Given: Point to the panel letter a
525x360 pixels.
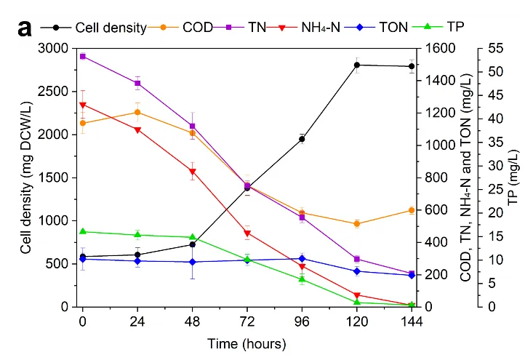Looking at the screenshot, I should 25,28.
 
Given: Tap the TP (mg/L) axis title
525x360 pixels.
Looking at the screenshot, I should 513,177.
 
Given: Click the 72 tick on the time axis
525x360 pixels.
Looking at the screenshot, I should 247,321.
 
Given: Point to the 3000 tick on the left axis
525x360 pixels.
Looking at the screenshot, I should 56,48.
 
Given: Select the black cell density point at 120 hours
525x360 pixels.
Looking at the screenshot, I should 357,65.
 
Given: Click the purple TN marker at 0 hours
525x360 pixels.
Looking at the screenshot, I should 83,56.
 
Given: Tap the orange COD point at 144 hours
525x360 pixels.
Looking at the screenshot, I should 412,210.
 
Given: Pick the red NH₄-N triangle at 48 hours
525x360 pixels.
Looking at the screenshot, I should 193,172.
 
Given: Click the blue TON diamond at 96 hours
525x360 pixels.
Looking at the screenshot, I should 302,258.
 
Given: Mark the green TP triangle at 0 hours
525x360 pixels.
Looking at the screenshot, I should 83,231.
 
